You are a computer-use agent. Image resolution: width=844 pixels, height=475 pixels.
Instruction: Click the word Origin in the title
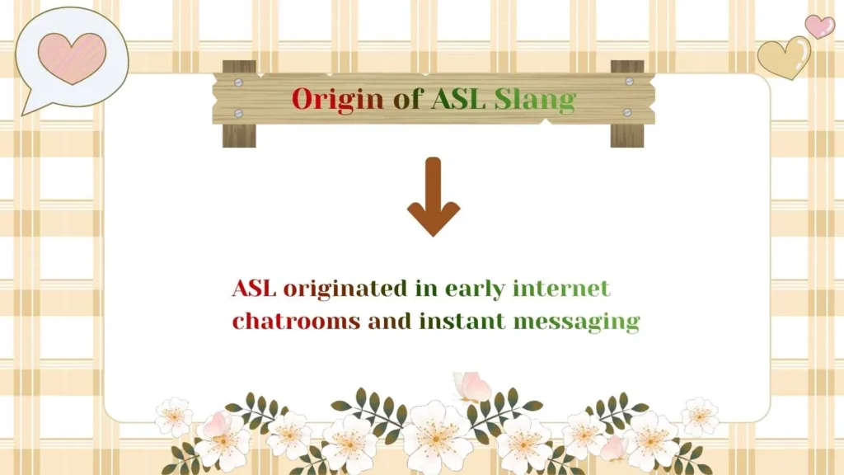(x=337, y=99)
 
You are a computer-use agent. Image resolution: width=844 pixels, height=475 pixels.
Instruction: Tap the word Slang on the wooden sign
(x=534, y=100)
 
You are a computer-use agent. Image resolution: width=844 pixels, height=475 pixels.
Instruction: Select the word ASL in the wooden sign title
(x=460, y=99)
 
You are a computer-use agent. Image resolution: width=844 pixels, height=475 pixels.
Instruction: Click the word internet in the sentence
(x=560, y=289)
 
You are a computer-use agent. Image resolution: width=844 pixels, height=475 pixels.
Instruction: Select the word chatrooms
(x=296, y=321)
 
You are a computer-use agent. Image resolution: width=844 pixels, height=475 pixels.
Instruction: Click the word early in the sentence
(x=475, y=289)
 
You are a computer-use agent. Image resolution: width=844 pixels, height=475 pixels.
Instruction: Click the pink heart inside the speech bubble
(x=73, y=58)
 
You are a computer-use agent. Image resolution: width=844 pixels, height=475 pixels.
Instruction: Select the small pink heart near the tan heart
(x=819, y=26)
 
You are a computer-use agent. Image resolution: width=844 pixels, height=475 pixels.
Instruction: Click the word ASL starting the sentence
(x=254, y=289)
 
